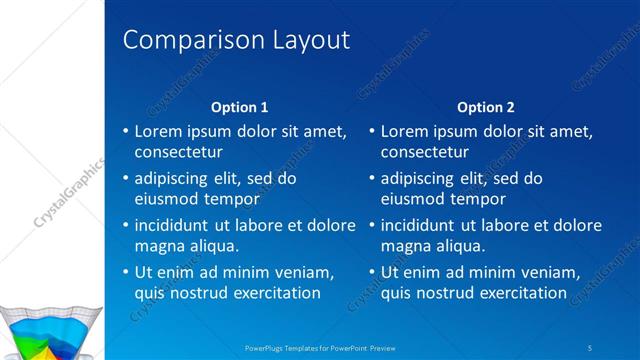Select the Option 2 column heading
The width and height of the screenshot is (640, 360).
click(x=486, y=107)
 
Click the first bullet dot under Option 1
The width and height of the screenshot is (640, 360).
click(x=125, y=132)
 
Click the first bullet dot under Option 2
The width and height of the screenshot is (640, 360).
click(x=371, y=132)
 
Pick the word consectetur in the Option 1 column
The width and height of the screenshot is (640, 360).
click(x=178, y=152)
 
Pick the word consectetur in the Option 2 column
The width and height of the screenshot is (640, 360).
click(x=424, y=152)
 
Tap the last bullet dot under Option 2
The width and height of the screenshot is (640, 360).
click(x=371, y=272)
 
